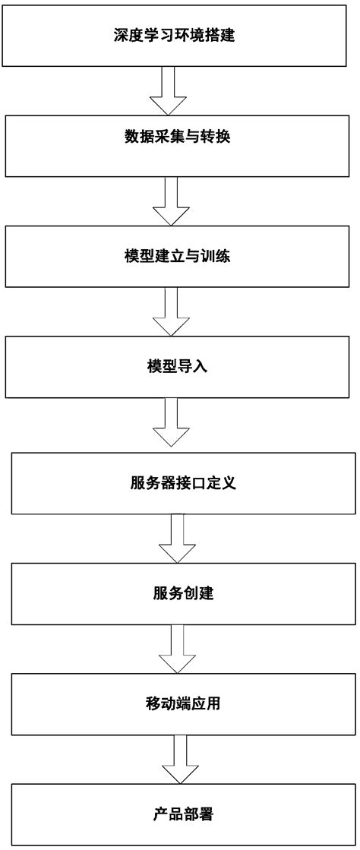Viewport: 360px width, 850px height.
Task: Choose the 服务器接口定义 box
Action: click(x=183, y=482)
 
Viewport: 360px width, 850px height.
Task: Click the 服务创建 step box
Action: click(x=183, y=593)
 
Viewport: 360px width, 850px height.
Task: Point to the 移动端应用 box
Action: click(x=183, y=703)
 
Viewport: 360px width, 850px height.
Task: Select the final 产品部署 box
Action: click(x=183, y=814)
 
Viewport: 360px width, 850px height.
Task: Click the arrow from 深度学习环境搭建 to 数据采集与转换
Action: click(x=168, y=90)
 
